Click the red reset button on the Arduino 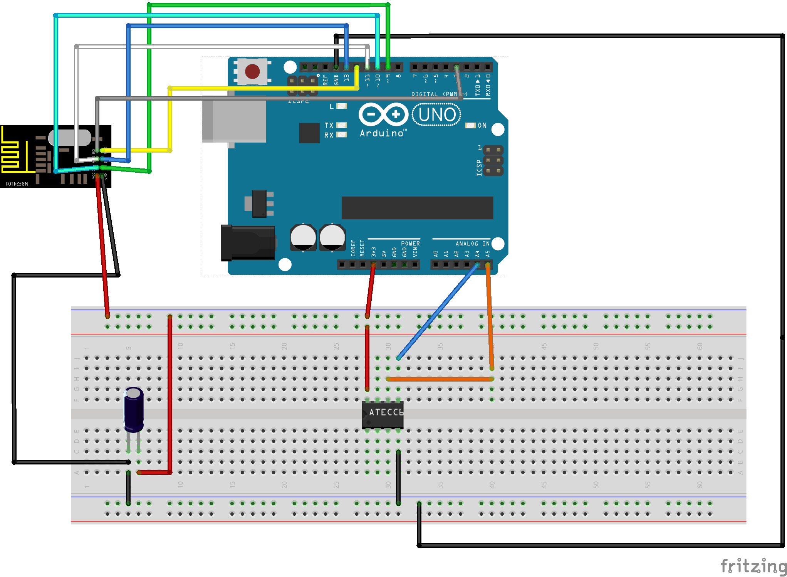252,71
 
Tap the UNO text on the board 437,115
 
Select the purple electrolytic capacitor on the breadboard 134,409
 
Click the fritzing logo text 753,566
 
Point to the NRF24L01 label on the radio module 17,184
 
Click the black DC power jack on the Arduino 247,243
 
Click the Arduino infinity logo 383,114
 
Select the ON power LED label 482,126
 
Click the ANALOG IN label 472,244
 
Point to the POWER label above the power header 410,244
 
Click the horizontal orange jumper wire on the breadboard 439,379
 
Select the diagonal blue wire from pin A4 437,311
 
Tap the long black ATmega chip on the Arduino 417,208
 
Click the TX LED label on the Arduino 329,125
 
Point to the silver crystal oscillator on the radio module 70,138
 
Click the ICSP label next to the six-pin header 479,168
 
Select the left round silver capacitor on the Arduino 303,237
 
